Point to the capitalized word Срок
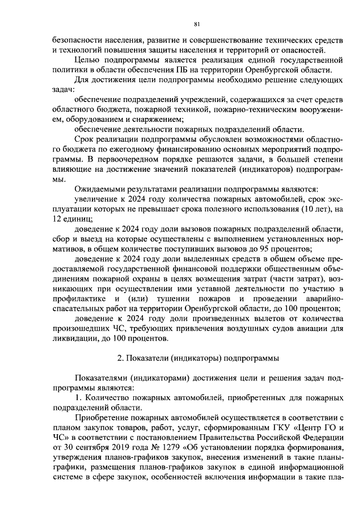(x=85, y=138)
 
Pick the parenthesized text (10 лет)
(x=314, y=209)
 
